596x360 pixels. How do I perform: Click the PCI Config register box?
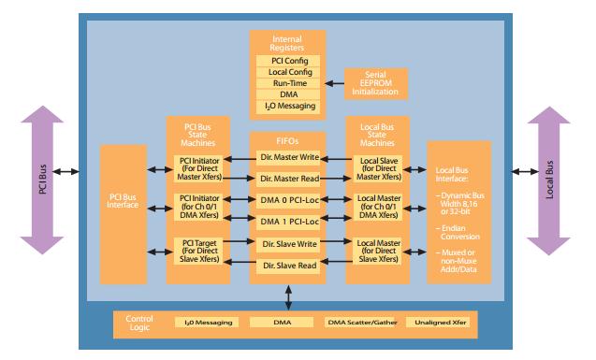pos(288,61)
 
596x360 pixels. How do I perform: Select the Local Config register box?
pos(288,72)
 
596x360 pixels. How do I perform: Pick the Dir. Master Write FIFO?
pos(288,158)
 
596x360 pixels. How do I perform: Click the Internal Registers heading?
pos(288,42)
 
